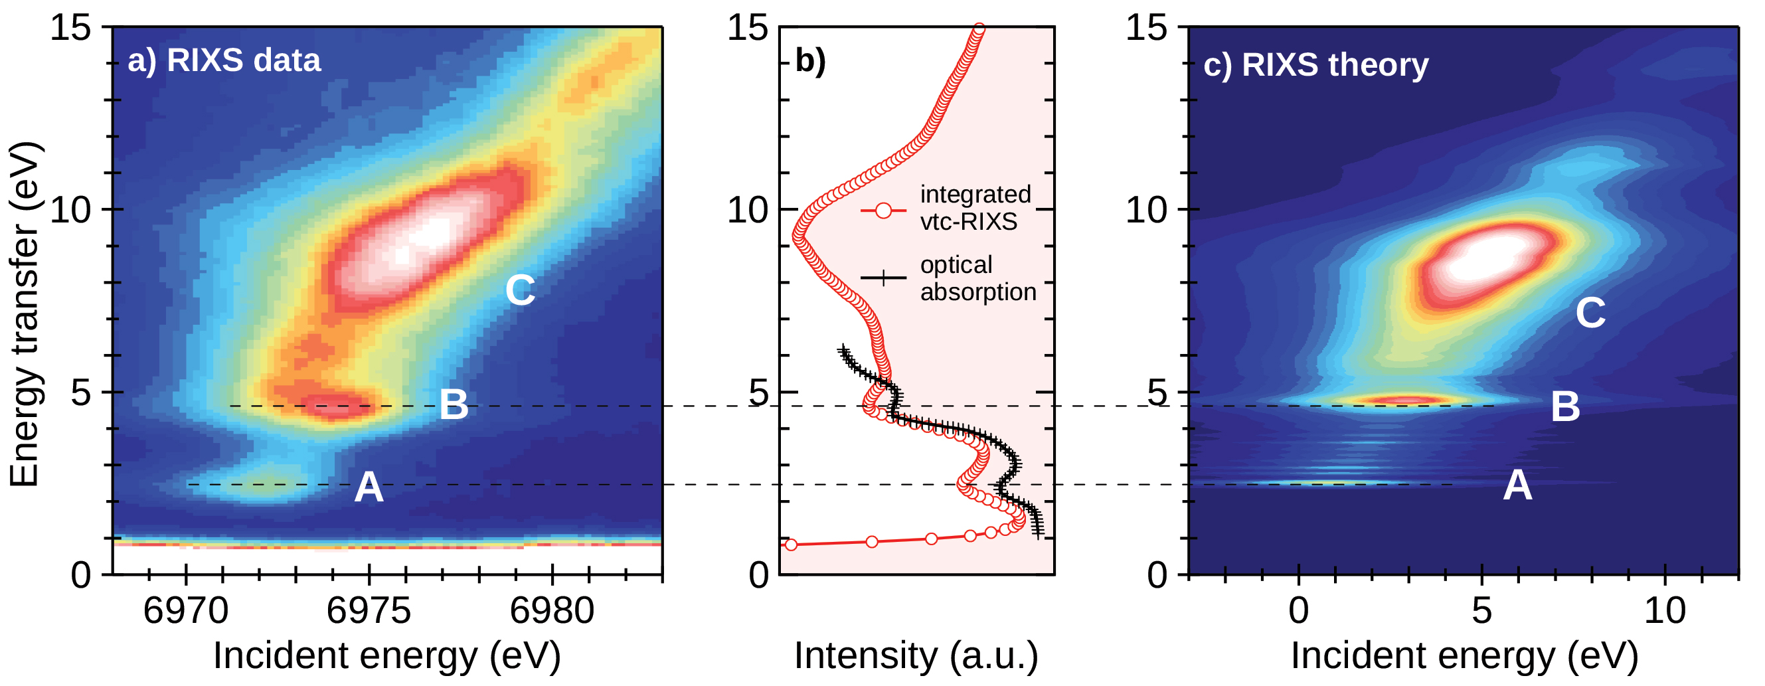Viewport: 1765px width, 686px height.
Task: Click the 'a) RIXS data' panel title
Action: click(224, 61)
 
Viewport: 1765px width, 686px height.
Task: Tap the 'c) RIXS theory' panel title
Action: click(1316, 65)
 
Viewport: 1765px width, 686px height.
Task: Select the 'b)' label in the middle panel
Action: click(810, 61)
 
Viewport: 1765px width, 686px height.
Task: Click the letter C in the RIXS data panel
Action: click(520, 291)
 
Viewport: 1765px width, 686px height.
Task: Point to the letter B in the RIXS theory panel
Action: click(1566, 407)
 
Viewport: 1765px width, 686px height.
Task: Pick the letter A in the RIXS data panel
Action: click(369, 488)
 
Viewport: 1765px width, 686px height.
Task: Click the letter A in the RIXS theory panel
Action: click(1517, 487)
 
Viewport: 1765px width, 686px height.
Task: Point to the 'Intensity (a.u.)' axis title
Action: click(916, 655)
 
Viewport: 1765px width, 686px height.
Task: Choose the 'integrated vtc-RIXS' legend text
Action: click(974, 209)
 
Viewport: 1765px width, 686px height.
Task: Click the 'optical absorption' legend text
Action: click(977, 279)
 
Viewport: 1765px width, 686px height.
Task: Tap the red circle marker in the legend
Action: click(883, 211)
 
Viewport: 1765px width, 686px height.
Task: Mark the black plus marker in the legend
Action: click(883, 278)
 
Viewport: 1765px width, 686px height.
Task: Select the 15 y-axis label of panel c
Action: click(1146, 29)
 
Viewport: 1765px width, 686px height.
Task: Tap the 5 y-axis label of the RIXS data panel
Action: click(81, 393)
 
